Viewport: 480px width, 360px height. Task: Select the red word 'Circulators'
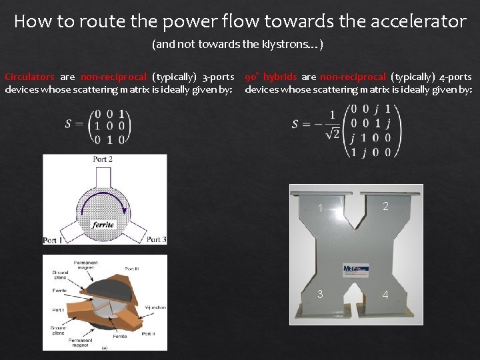point(29,77)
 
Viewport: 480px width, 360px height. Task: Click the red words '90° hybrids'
point(271,77)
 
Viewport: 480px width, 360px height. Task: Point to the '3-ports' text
point(217,77)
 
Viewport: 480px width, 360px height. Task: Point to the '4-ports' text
point(456,77)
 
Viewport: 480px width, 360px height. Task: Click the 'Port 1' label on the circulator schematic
point(53,240)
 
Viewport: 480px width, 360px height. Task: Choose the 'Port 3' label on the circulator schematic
point(156,239)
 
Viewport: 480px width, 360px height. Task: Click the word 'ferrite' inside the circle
point(103,224)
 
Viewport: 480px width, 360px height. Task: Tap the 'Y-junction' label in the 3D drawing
point(155,307)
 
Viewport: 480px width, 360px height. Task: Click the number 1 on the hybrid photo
point(321,209)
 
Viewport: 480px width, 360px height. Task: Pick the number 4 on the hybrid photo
point(385,295)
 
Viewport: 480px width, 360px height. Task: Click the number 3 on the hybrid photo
point(320,294)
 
